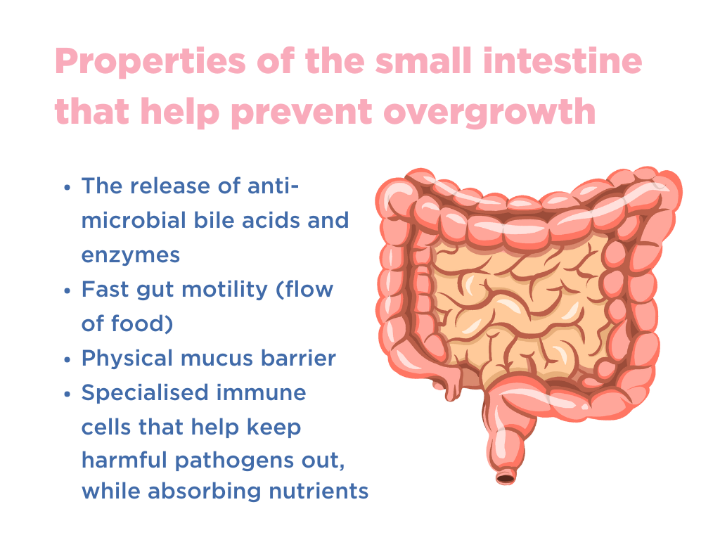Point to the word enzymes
click(x=131, y=255)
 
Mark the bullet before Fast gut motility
click(x=67, y=290)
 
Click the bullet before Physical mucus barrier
click(x=67, y=359)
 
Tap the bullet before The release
click(x=67, y=188)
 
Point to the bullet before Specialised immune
click(x=67, y=394)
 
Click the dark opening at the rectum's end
click(x=505, y=478)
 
